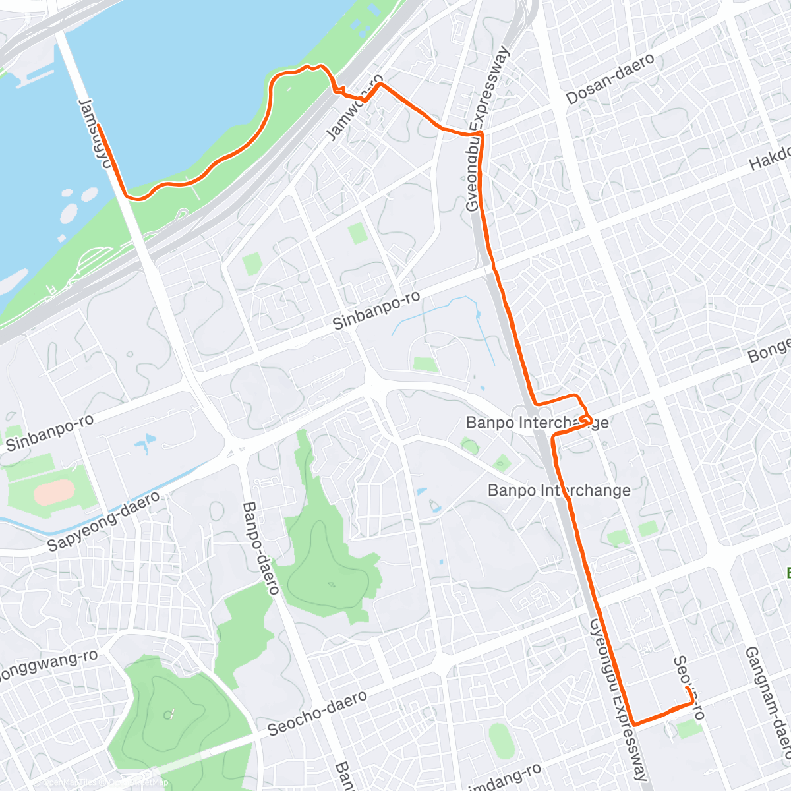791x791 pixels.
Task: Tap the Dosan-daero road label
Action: [x=610, y=79]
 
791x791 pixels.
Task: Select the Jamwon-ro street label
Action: [x=354, y=109]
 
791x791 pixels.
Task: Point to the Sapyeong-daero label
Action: [x=103, y=521]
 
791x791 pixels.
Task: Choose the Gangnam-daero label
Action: [x=768, y=703]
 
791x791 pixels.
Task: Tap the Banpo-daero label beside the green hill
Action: [x=260, y=548]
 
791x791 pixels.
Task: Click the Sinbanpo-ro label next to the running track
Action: [x=49, y=432]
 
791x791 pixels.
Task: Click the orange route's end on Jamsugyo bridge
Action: [x=100, y=125]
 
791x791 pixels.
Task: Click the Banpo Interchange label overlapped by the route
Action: [x=537, y=423]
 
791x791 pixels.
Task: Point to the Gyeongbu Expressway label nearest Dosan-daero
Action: [x=488, y=129]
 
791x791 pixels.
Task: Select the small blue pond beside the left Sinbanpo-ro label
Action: [x=146, y=444]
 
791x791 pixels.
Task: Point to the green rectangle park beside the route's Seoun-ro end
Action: [x=689, y=729]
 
